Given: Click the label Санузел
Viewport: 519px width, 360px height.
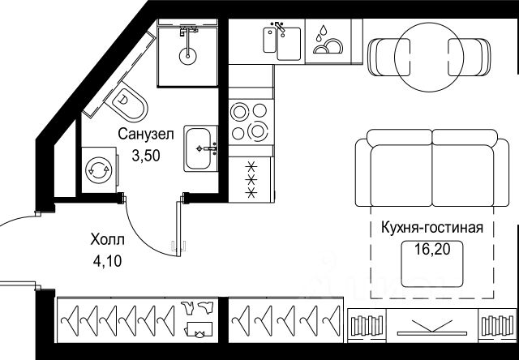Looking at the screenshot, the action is click(x=144, y=134).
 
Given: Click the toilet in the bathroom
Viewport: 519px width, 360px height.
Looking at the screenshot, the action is click(x=131, y=103).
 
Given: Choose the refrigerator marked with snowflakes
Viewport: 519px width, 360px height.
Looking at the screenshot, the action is click(x=251, y=181).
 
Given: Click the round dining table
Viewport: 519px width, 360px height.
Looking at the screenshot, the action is click(x=431, y=54).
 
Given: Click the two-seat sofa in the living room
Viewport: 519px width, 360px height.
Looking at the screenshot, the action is click(x=433, y=166).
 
